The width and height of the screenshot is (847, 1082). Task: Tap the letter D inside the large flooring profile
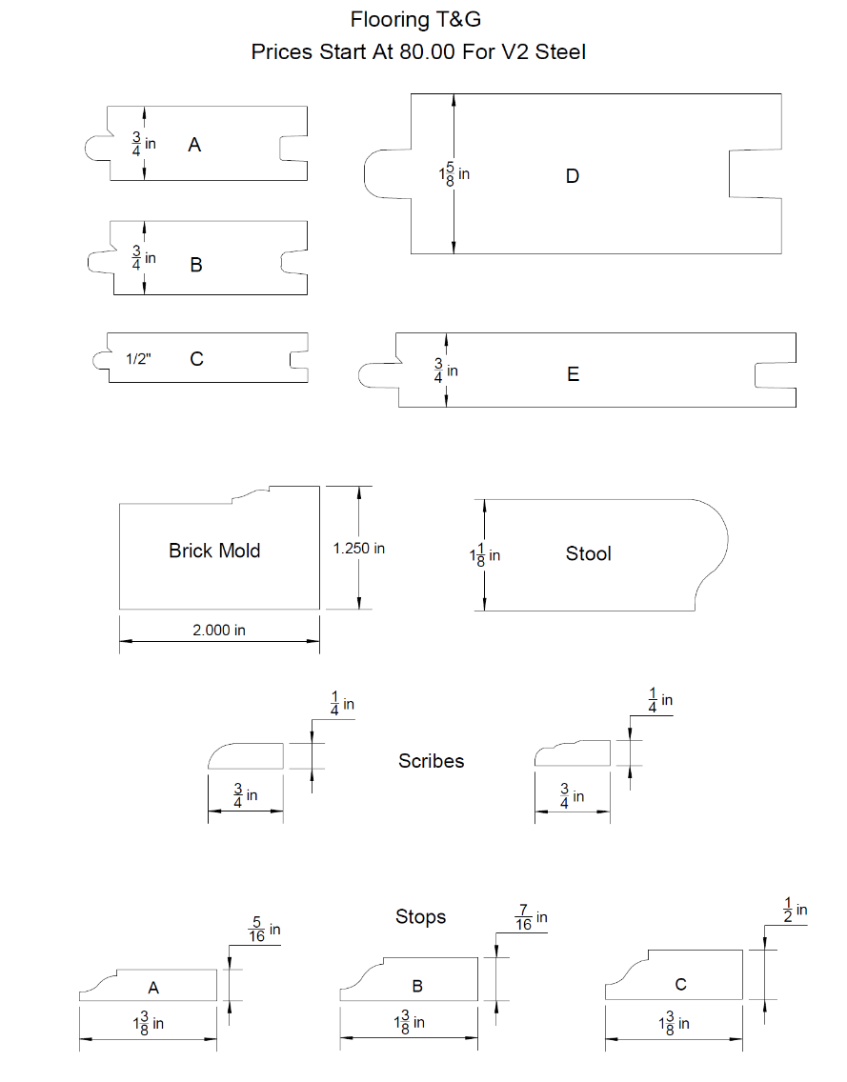[x=572, y=176]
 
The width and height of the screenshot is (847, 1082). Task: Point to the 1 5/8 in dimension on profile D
[x=454, y=174]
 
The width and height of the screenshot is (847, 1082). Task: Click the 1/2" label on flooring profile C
[x=139, y=360]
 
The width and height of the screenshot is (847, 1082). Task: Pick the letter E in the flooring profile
[x=573, y=375]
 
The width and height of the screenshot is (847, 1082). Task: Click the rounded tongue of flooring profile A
[x=97, y=146]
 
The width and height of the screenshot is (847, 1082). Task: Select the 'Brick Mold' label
[x=214, y=551]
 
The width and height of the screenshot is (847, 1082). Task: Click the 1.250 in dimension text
[x=358, y=549]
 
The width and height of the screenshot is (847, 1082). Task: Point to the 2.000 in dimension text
[x=218, y=631]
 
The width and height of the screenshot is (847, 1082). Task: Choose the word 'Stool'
[x=588, y=554]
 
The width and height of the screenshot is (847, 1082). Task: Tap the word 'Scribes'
[x=432, y=761]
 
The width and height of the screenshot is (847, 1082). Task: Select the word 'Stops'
[x=420, y=917]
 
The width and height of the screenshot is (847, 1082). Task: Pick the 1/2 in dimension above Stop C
[x=795, y=911]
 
